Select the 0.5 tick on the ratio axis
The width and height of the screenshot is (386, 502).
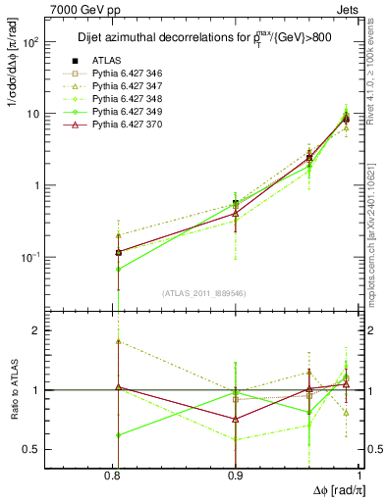click(x=54, y=449)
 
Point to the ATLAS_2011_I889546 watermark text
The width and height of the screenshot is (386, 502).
click(x=205, y=293)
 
